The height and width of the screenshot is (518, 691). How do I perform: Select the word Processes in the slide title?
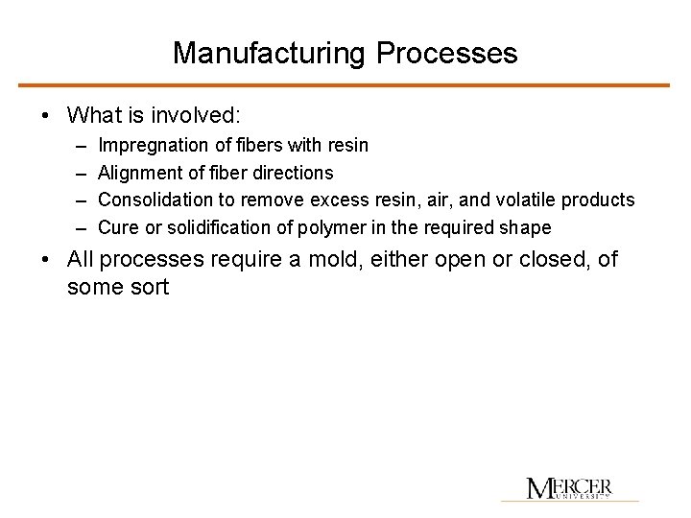447,53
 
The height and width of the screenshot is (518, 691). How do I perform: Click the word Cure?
118,227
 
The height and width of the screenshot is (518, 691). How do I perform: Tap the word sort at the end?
147,286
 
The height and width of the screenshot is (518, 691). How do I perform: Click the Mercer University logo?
569,487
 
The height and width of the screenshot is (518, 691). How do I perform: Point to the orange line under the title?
345,85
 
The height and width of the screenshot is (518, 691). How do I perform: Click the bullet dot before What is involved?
46,117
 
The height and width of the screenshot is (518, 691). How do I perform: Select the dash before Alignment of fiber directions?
78,173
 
